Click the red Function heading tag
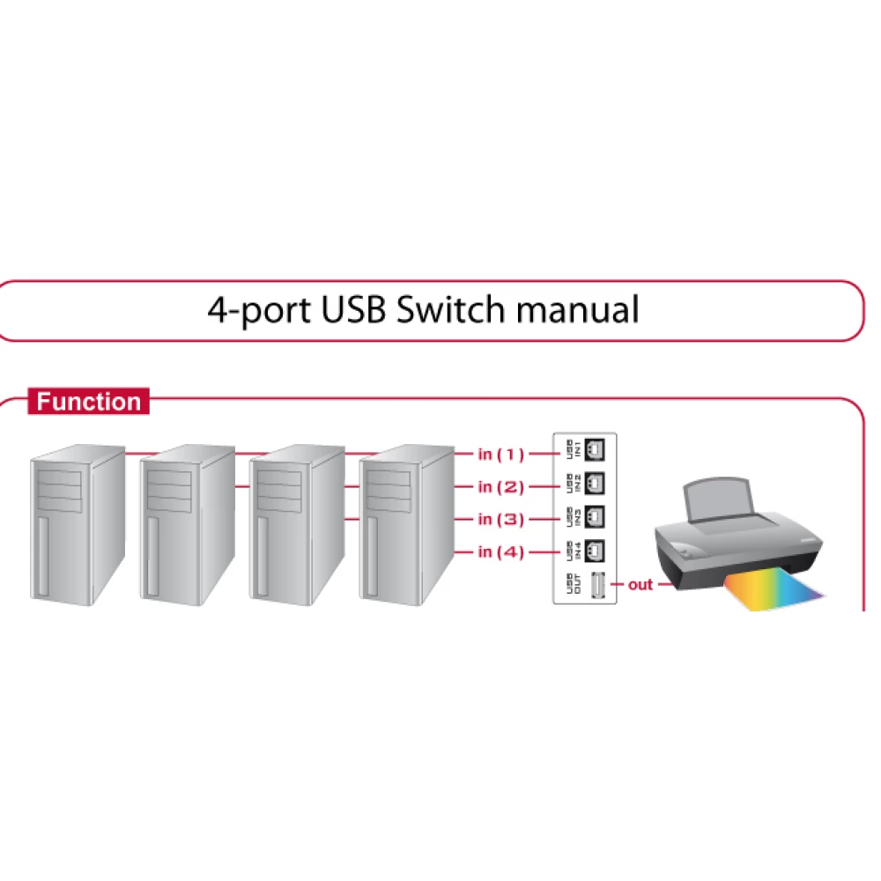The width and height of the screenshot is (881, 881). point(88,403)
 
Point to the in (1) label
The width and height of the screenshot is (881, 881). point(500,455)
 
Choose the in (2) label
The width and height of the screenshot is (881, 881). point(500,487)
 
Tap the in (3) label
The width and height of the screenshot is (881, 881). point(500,520)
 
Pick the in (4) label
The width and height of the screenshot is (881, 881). point(500,552)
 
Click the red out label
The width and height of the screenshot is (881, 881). point(640,584)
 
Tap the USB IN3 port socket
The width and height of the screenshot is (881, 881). point(596,516)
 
